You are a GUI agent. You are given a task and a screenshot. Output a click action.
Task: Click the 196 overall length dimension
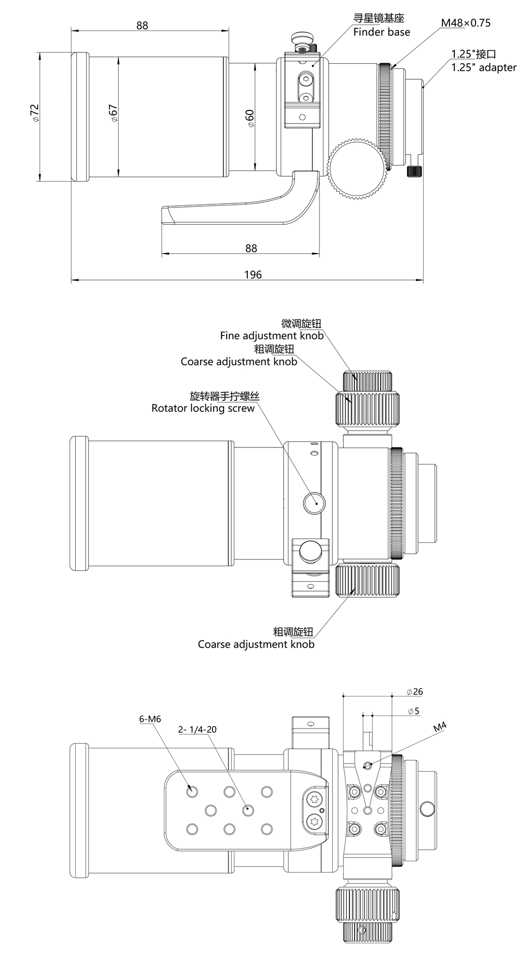click(x=253, y=275)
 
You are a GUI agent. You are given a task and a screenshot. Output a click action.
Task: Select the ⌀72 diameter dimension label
click(x=35, y=113)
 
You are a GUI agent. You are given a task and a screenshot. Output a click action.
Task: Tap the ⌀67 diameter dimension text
click(x=114, y=113)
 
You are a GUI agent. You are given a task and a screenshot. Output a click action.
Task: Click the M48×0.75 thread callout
click(x=465, y=23)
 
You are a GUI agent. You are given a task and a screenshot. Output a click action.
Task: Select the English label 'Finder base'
click(x=381, y=32)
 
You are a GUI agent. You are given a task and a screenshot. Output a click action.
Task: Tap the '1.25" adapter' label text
click(x=483, y=67)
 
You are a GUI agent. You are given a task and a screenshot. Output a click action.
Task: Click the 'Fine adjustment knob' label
click(x=271, y=335)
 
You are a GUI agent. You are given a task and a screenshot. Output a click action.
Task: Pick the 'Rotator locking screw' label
click(x=203, y=408)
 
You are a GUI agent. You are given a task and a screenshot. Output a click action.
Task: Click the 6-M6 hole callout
click(x=150, y=719)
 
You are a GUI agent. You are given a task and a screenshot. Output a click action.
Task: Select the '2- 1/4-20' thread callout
click(x=197, y=730)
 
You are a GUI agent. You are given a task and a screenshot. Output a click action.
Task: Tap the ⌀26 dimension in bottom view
click(x=415, y=691)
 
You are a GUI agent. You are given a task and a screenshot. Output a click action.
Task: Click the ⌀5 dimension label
click(x=413, y=711)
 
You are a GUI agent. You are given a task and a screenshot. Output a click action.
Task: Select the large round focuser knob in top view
click(x=357, y=167)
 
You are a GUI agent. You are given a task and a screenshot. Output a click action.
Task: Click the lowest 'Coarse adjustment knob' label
click(x=256, y=644)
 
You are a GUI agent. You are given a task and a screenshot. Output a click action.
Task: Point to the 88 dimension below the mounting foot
click(x=251, y=248)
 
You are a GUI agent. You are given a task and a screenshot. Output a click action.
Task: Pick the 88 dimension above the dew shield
click(x=142, y=25)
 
